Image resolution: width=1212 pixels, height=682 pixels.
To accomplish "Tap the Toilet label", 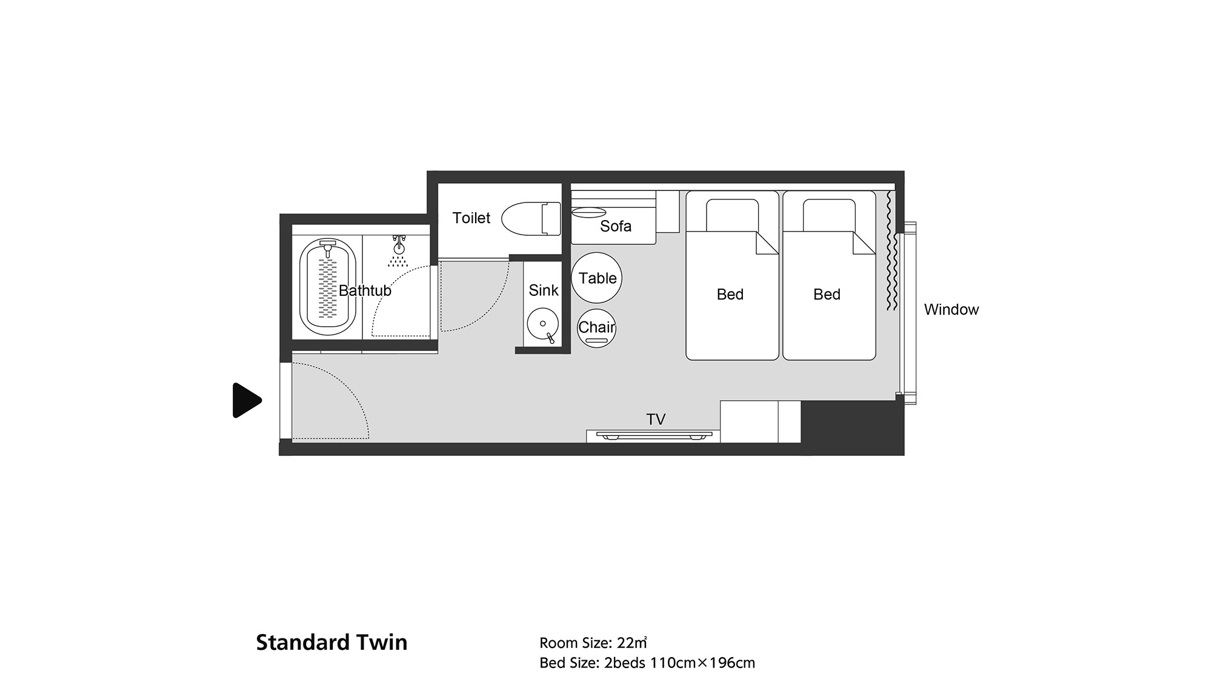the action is (471, 218).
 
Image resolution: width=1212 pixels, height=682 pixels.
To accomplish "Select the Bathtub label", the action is (365, 290).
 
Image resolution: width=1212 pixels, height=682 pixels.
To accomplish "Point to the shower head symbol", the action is (398, 251).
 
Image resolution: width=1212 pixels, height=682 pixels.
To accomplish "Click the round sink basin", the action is (542, 326).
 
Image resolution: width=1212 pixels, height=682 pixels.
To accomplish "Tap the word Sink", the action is (544, 290).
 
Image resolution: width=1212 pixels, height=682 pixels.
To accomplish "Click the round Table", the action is (597, 278).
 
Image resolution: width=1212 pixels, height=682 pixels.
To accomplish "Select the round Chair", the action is (597, 328).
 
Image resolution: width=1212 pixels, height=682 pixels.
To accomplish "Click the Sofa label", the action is (616, 226).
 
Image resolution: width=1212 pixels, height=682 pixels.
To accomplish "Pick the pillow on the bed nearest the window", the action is (829, 215).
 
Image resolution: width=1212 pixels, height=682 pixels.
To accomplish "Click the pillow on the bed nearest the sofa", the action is (732, 215).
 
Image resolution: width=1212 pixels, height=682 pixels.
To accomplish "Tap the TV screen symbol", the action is (654, 435).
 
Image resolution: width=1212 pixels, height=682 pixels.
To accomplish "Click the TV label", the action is (656, 419).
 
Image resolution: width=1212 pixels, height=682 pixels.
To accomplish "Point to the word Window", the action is (951, 310).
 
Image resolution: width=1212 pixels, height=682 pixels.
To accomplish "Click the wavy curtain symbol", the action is (890, 251).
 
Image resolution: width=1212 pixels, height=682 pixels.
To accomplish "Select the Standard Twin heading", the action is (331, 643).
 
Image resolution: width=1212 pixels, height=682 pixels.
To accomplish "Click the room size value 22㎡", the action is (632, 643).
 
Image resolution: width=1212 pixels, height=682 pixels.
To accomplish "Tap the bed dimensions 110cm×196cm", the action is (703, 663).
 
